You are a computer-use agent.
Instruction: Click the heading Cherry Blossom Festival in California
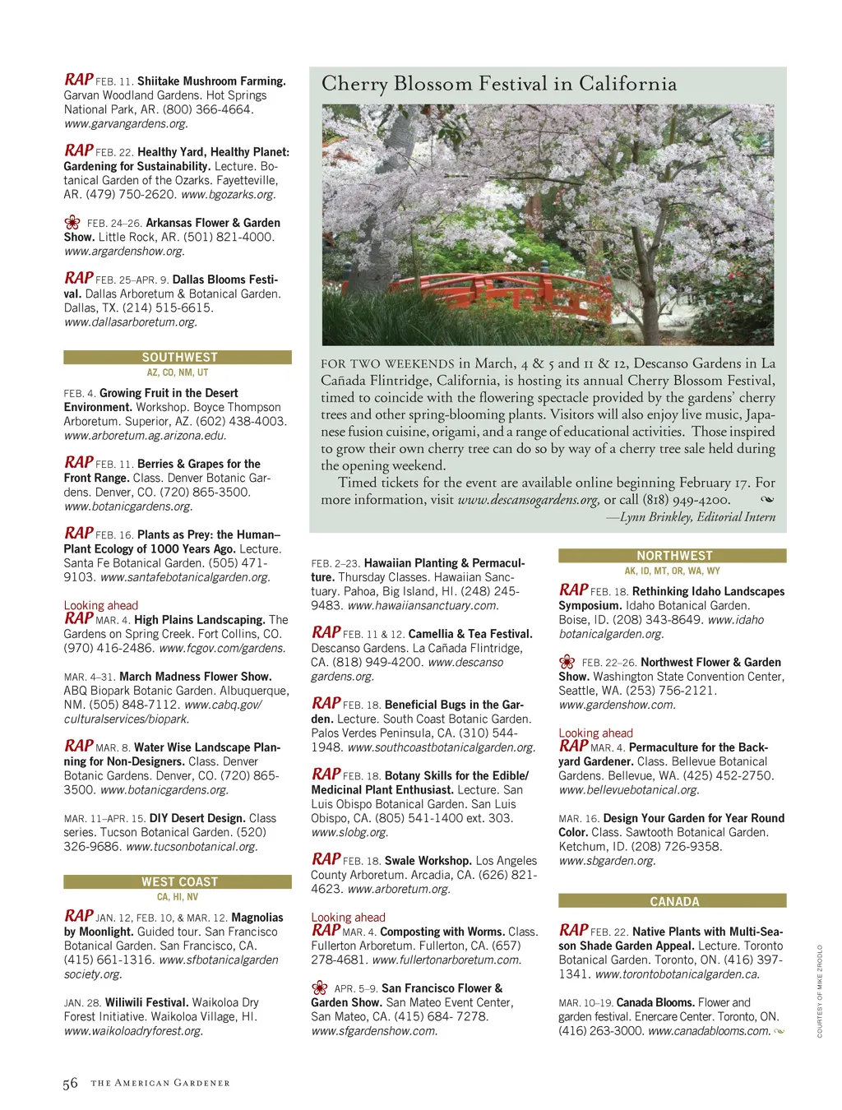[x=499, y=84]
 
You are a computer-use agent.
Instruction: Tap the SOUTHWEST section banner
[x=178, y=358]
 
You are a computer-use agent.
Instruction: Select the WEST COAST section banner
[x=178, y=881]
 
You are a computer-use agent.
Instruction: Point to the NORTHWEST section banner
[x=673, y=556]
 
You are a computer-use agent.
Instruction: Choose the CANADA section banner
[x=673, y=901]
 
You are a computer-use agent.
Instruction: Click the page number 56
[x=71, y=1084]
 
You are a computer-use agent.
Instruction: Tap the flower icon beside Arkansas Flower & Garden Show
[x=72, y=223]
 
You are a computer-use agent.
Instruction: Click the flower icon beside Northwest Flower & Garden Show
[x=567, y=662]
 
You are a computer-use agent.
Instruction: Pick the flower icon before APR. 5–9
[x=320, y=988]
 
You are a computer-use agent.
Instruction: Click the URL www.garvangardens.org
[x=126, y=124]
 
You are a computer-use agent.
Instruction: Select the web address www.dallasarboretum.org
[x=131, y=322]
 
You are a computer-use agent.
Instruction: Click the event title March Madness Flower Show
[x=195, y=677]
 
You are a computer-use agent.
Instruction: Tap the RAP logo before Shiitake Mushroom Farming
[x=79, y=80]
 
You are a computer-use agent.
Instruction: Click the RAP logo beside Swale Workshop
[x=326, y=859]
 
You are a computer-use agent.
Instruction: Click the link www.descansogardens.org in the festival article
[x=528, y=500]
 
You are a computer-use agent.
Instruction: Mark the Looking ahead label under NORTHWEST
[x=595, y=733]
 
